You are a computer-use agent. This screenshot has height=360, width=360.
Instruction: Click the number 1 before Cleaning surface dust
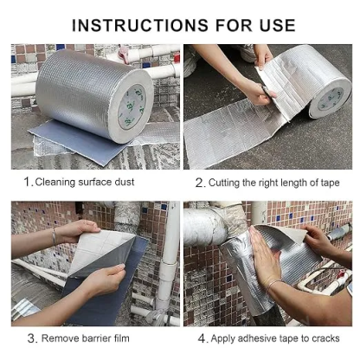pyautogui.click(x=28, y=182)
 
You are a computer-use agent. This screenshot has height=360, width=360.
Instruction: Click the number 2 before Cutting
pyautogui.click(x=199, y=183)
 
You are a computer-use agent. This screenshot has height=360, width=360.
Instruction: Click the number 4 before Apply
pyautogui.click(x=201, y=338)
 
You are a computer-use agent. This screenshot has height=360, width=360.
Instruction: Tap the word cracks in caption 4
pyautogui.click(x=325, y=338)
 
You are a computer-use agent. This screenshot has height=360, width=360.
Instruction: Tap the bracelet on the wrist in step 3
pyautogui.click(x=55, y=235)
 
